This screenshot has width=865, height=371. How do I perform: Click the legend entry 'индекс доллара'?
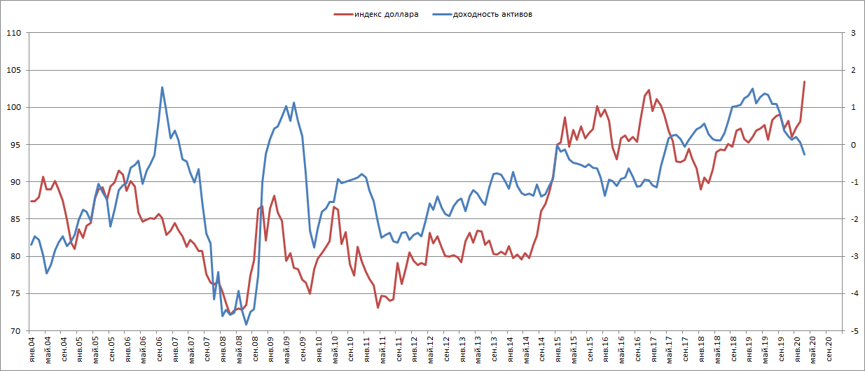(385, 13)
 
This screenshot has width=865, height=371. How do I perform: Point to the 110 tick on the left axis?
(13, 33)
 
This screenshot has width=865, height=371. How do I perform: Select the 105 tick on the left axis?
(13, 70)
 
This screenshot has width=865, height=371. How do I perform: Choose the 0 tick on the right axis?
(853, 145)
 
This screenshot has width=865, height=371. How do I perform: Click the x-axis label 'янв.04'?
(32, 349)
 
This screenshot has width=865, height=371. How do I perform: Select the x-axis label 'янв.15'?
(558, 349)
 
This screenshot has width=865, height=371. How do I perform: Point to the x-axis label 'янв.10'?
(319, 349)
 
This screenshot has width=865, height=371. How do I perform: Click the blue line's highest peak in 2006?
(162, 87)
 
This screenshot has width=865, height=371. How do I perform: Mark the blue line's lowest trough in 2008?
(246, 324)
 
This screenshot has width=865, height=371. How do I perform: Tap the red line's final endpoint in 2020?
(804, 82)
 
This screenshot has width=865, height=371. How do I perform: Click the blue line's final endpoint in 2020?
(804, 154)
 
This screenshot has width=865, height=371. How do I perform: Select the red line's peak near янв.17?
(649, 90)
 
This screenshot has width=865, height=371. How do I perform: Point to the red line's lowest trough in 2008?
(230, 312)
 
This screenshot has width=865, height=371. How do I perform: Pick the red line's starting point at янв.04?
(31, 201)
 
